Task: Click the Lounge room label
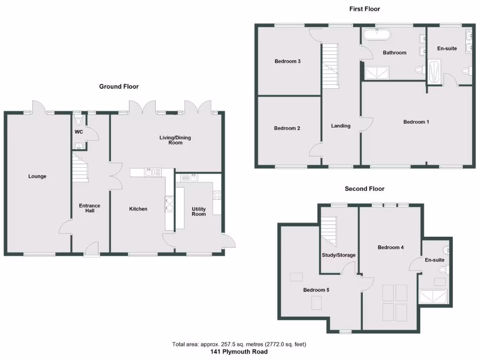(37, 177)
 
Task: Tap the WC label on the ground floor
(78, 132)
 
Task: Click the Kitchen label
(138, 209)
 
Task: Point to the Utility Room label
(199, 211)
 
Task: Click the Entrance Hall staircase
(80, 169)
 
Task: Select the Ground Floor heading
(119, 87)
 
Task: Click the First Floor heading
(364, 9)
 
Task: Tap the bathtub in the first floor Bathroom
(377, 34)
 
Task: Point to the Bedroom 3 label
(287, 61)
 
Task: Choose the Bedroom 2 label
(287, 128)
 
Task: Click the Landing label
(341, 126)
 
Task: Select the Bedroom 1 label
(416, 122)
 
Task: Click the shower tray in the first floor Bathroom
(377, 73)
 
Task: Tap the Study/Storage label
(338, 255)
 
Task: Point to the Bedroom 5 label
(316, 290)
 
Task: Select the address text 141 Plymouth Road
(240, 352)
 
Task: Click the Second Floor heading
(364, 189)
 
